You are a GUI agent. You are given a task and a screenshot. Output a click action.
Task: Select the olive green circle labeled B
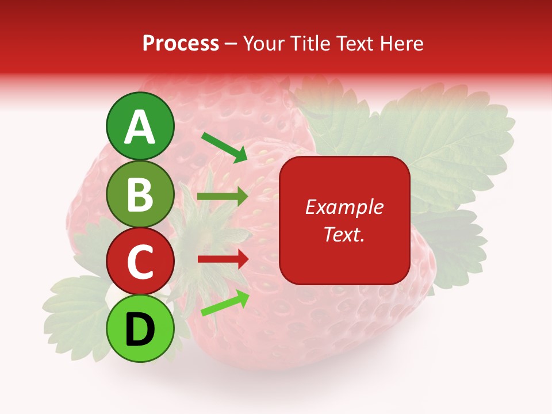[x=140, y=194]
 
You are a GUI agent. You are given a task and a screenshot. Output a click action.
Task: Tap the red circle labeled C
[x=140, y=261]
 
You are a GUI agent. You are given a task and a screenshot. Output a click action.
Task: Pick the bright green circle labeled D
[x=140, y=328]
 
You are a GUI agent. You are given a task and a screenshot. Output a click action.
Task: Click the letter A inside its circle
[x=140, y=127]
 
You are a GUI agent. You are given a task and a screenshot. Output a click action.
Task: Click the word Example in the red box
[x=344, y=207]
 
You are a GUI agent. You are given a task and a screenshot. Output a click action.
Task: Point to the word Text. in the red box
[x=344, y=234]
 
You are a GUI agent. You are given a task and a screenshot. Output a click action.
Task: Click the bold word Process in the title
[x=181, y=44]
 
